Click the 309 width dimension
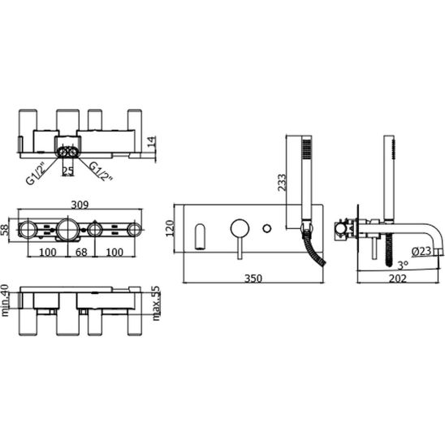tap(80, 205)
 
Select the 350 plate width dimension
tap(253, 279)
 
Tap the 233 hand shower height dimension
tap(282, 183)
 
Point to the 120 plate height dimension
tap(170, 228)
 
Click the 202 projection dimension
tap(398, 279)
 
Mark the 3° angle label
tap(403, 265)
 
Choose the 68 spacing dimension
tap(81, 252)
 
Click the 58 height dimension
tap(5, 230)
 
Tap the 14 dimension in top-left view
tap(152, 142)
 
